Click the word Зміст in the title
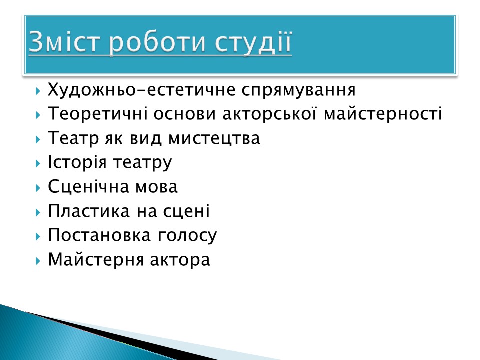pyautogui.click(x=64, y=41)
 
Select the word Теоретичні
pyautogui.click(x=98, y=113)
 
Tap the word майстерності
pyautogui.click(x=383, y=113)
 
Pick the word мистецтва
pyautogui.click(x=214, y=138)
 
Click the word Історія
pyautogui.click(x=77, y=162)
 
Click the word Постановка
pyautogui.click(x=99, y=235)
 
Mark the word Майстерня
pyautogui.click(x=96, y=260)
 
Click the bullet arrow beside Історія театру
pyautogui.click(x=38, y=163)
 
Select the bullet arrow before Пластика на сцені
pyautogui.click(x=38, y=212)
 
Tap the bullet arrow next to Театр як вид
pyautogui.click(x=38, y=139)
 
